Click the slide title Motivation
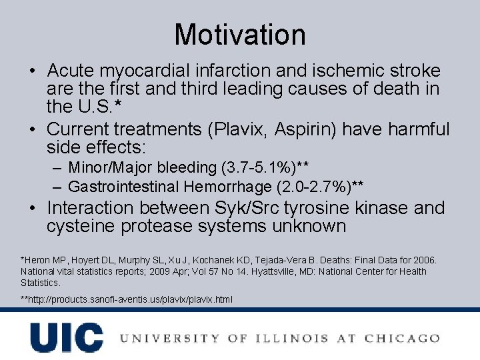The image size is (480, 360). tap(240, 35)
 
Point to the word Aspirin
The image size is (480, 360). tap(293, 129)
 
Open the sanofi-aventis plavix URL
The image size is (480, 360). tap(127, 299)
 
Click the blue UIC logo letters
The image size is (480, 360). tap(66, 337)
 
